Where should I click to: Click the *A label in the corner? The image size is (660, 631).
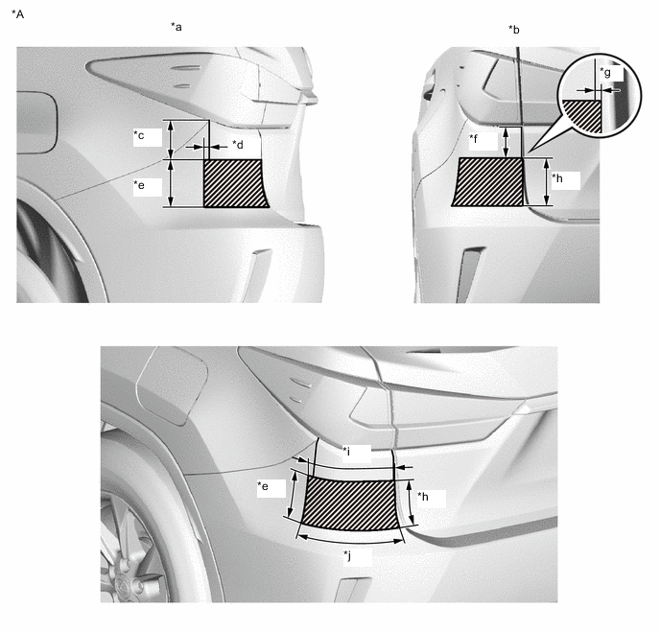[x=17, y=14]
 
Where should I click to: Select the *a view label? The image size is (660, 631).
[x=177, y=27]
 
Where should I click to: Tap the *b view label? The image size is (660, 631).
[x=514, y=30]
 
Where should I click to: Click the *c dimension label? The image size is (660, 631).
[x=139, y=135]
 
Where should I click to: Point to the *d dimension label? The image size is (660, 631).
[x=238, y=145]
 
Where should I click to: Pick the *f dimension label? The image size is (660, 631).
[x=474, y=138]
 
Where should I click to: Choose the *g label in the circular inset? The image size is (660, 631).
[x=605, y=72]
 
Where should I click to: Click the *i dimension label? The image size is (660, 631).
[x=346, y=452]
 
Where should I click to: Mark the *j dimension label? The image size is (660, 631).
[x=347, y=556]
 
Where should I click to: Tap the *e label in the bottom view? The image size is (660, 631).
[x=263, y=486]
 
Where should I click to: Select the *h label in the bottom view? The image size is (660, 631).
[x=423, y=497]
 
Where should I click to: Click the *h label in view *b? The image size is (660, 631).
[x=557, y=178]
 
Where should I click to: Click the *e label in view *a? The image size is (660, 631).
[x=139, y=185]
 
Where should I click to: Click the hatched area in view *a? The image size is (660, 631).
[x=234, y=183]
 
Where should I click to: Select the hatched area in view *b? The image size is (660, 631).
[x=489, y=182]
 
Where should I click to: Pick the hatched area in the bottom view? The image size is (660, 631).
[x=350, y=504]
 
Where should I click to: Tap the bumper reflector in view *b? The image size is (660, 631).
[x=469, y=274]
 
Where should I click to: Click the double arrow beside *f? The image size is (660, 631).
[x=507, y=142]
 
